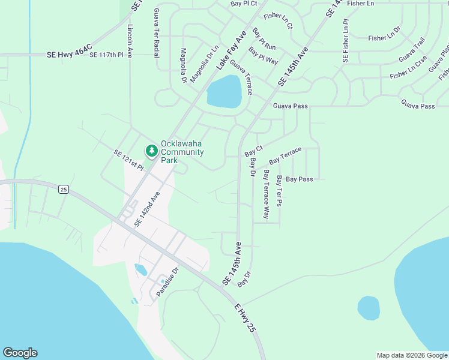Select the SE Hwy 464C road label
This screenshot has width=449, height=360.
69,54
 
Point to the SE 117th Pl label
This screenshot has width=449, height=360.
106,55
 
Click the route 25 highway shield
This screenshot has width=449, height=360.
64,190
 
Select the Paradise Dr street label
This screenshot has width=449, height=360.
168,283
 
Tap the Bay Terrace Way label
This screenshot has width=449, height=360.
267,194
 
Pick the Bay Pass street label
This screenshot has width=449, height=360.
300,179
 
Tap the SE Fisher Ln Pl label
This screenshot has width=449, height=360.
345,41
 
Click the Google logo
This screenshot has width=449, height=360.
20,353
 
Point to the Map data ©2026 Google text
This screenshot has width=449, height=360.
411,355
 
